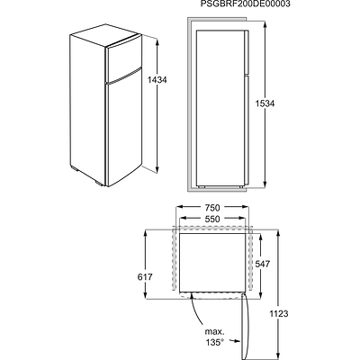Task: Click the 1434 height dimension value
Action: coord(157,80)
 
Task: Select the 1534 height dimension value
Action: coord(265,103)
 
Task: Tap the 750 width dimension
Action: coord(212,207)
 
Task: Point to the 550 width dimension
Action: coord(212,219)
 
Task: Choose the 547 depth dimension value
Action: coord(263,264)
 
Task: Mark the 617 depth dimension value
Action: coord(145,277)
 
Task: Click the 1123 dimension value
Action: coord(279,314)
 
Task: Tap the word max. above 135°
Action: coord(214,332)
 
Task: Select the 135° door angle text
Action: coord(215,342)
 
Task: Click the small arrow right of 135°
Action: coord(235,341)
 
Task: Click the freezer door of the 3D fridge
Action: coord(124,59)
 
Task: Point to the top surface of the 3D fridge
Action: coord(105,35)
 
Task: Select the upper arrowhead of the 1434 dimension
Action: coord(157,42)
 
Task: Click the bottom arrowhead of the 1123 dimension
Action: coord(279,354)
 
